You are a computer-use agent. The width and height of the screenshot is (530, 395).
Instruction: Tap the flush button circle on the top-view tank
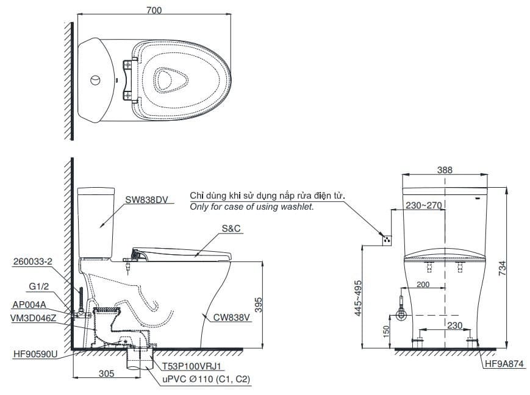pyautogui.click(x=95, y=80)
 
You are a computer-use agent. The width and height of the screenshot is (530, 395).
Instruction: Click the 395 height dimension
pyautogui.click(x=259, y=305)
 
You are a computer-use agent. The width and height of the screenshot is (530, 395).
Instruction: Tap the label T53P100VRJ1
pyautogui.click(x=194, y=366)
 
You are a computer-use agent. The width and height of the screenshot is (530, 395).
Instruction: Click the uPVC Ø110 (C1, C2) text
pyautogui.click(x=206, y=379)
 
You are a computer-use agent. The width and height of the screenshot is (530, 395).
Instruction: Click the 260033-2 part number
pyautogui.click(x=31, y=262)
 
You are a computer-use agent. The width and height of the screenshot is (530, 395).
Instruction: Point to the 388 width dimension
pyautogui.click(x=445, y=171)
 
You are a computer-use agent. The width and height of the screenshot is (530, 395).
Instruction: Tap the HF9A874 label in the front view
pyautogui.click(x=504, y=365)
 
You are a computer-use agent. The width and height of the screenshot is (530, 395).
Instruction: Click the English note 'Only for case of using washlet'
pyautogui.click(x=252, y=207)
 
